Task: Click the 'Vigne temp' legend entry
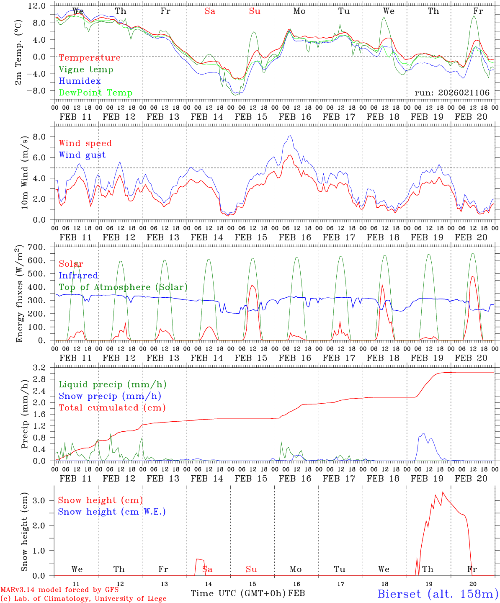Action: (x=86, y=70)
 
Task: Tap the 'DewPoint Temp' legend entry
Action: (x=95, y=93)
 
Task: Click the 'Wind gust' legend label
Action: (x=82, y=155)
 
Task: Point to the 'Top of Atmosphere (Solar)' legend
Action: (x=123, y=287)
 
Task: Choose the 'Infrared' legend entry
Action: (x=78, y=276)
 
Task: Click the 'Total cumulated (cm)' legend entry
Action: (x=112, y=407)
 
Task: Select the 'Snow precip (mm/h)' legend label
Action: (x=110, y=396)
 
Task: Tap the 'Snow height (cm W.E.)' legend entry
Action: (x=111, y=512)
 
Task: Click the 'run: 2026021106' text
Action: (x=452, y=93)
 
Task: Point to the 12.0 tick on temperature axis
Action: (x=38, y=6)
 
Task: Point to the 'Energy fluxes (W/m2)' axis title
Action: (x=19, y=294)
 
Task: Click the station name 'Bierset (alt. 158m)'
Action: (x=437, y=594)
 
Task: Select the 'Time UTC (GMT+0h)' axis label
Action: (x=238, y=593)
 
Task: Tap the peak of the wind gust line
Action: (x=290, y=136)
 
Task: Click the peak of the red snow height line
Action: (x=443, y=492)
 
